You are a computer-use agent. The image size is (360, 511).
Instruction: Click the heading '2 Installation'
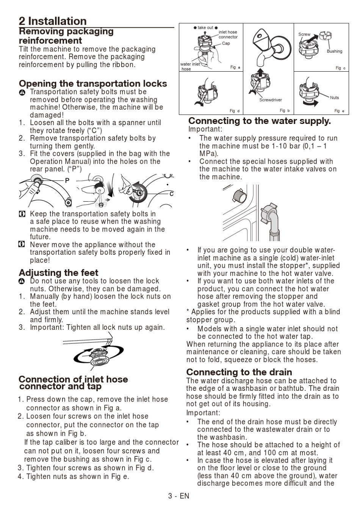click(x=53, y=21)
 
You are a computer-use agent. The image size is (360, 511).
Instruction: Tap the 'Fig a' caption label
click(x=235, y=67)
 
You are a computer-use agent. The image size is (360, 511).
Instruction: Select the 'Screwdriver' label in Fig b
click(x=271, y=100)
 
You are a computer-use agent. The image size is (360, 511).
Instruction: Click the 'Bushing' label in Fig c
click(x=335, y=51)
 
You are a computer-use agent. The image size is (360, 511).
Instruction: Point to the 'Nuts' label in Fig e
click(x=334, y=97)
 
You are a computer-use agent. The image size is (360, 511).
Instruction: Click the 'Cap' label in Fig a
click(x=226, y=43)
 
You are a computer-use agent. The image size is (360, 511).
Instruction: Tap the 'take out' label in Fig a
click(x=205, y=28)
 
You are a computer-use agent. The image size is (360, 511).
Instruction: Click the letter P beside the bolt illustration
click(x=67, y=180)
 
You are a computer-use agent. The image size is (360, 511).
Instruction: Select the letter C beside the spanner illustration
click(x=171, y=194)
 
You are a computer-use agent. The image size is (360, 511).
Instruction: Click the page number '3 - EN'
click(x=179, y=496)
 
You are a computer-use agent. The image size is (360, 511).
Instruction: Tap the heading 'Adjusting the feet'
click(x=58, y=273)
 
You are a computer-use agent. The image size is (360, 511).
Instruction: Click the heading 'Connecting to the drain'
click(x=239, y=372)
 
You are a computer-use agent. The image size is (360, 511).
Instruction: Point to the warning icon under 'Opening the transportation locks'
click(x=22, y=93)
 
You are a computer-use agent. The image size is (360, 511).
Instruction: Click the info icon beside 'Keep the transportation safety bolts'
click(x=22, y=214)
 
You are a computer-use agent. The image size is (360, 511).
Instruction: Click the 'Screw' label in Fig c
click(x=304, y=34)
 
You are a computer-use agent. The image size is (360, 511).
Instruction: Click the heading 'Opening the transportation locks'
click(x=93, y=83)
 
